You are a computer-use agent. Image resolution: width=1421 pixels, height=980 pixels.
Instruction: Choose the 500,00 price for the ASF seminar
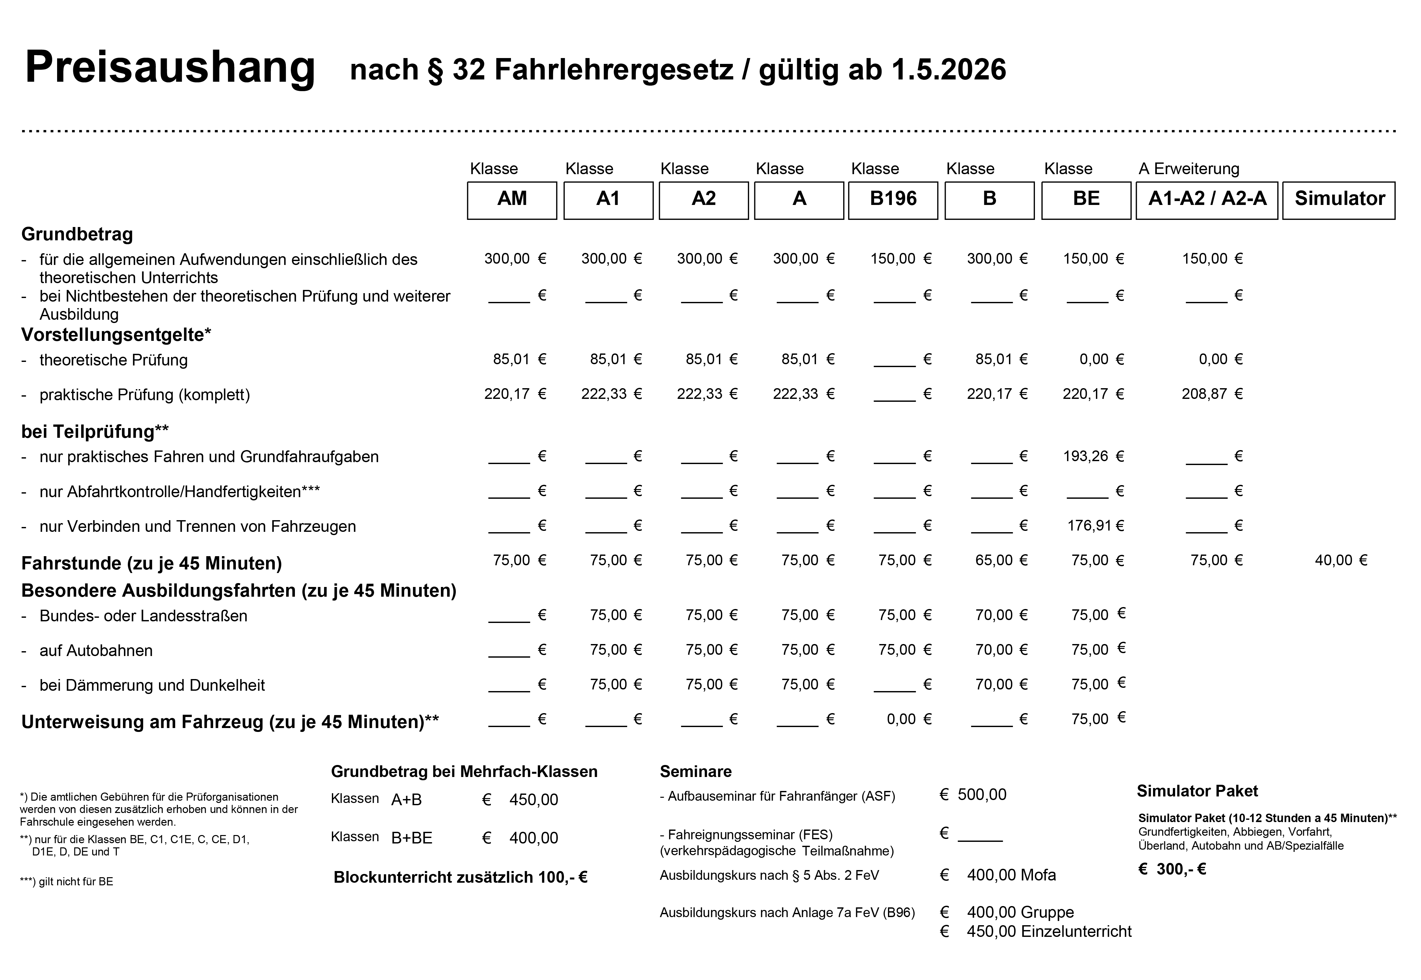click(982, 795)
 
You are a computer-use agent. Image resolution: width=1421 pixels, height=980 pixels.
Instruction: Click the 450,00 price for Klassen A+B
click(533, 799)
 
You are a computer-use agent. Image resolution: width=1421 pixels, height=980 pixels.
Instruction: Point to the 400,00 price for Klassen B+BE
click(533, 838)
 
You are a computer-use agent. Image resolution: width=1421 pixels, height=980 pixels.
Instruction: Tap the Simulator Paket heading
click(1197, 791)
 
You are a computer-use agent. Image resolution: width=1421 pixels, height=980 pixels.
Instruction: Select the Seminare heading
click(696, 771)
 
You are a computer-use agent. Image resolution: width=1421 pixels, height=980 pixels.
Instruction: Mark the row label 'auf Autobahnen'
click(96, 650)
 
